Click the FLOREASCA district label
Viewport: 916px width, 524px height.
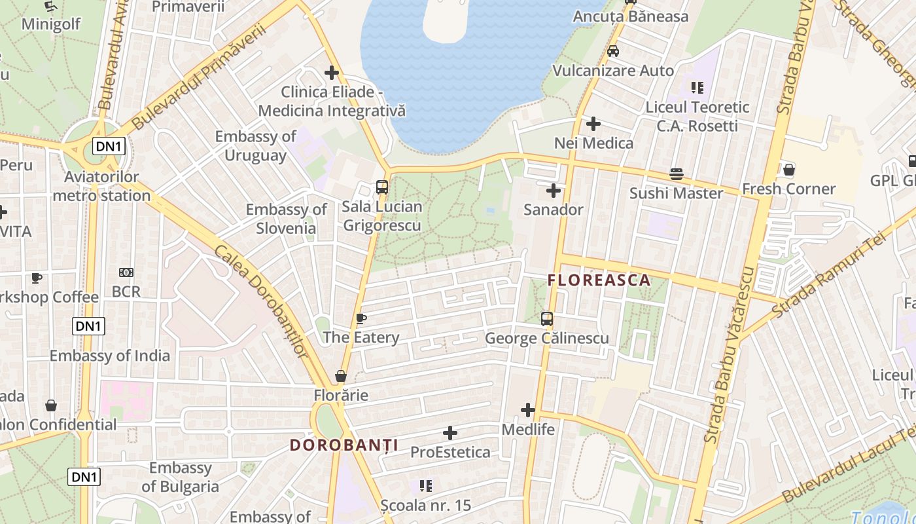(x=599, y=280)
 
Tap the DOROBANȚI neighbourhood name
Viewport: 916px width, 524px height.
(x=344, y=445)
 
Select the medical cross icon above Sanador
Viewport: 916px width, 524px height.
(x=554, y=191)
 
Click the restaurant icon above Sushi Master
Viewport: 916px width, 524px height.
(x=676, y=174)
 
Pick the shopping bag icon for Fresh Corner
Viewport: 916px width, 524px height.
(x=789, y=170)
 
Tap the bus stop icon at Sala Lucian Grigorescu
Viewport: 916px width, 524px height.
(x=382, y=187)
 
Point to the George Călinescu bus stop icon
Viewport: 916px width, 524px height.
(x=547, y=319)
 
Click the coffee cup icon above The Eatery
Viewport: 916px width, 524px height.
(x=361, y=319)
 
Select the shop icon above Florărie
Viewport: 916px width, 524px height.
(x=341, y=376)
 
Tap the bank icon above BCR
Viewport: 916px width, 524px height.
(x=126, y=272)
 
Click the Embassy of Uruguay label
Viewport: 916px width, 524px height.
(x=256, y=146)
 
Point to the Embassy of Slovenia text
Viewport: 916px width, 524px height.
(x=286, y=219)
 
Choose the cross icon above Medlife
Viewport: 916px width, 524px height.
(x=528, y=411)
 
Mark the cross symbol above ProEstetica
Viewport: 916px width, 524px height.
(x=450, y=433)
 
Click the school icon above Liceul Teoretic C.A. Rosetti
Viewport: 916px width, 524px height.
(x=697, y=87)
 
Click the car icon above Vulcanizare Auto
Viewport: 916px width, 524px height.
(x=613, y=51)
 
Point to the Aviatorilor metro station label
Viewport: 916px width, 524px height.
(x=101, y=186)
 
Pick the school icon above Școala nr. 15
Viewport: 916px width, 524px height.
(x=426, y=486)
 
